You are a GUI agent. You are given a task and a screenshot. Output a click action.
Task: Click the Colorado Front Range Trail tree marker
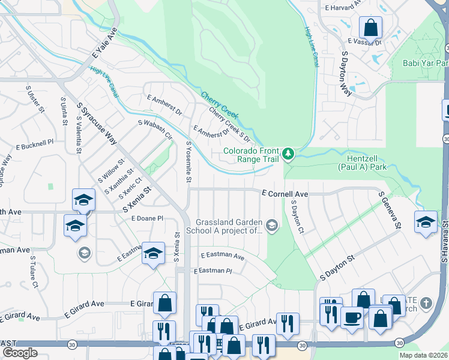pos(289,154)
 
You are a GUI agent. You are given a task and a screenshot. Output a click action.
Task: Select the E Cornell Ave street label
pos(285,194)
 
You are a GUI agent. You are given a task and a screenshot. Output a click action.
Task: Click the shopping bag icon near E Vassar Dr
pos(370,26)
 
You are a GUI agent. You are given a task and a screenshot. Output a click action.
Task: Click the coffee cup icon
pos(352,316)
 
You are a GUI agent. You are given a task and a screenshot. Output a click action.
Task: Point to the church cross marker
pos(426,304)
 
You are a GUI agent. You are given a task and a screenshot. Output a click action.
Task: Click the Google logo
pos(20,353)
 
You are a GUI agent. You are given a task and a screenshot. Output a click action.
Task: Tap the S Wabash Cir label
pos(155,130)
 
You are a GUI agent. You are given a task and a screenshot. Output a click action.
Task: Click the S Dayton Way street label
pos(346,73)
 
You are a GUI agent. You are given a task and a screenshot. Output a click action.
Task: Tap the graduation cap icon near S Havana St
pos(426,221)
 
